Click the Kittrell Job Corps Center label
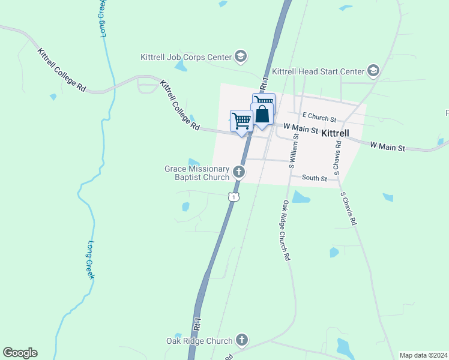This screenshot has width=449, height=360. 185,57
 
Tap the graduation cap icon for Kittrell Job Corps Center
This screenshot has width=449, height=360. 241,57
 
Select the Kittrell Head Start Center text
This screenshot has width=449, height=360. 318,71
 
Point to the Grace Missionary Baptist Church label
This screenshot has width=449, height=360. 197,173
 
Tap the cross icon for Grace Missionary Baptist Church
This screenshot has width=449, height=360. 239,173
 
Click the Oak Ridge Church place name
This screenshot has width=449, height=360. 199,341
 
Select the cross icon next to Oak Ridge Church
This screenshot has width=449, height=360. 241,340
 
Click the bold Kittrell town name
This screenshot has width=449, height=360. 340,133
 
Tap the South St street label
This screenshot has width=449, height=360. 315,178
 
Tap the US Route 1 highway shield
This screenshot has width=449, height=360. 234,196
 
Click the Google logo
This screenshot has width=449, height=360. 20,353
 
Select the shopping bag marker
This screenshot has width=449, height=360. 262,115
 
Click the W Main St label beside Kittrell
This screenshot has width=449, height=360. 300,128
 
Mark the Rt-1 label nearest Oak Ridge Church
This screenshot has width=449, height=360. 197,325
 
